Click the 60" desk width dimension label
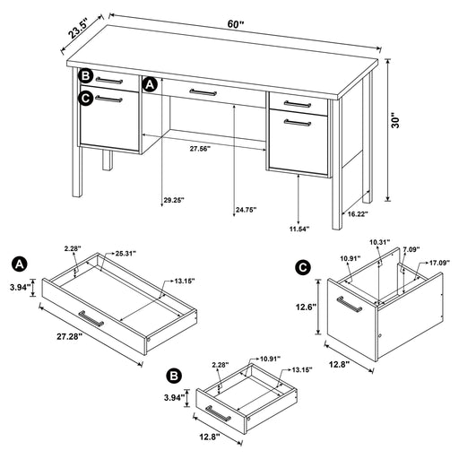pos(236,24)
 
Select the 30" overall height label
pos(395,120)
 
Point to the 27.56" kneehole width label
pos(200,149)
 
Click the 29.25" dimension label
pos(174,200)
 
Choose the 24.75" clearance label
pos(247,210)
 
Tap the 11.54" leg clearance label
pos(299,229)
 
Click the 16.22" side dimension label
pos(358,213)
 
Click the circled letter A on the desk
pos(150,84)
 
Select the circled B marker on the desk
pos(86,76)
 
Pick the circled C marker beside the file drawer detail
pos(303,267)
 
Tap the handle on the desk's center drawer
pos(204,92)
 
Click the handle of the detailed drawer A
pos(91,318)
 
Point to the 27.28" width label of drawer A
pos(69,336)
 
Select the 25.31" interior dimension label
pos(126,254)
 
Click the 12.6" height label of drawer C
pos(306,307)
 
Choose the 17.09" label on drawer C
pos(439,263)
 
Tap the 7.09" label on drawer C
pos(411,249)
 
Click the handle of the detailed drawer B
pos(218,413)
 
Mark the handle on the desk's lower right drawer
pos(298,123)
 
